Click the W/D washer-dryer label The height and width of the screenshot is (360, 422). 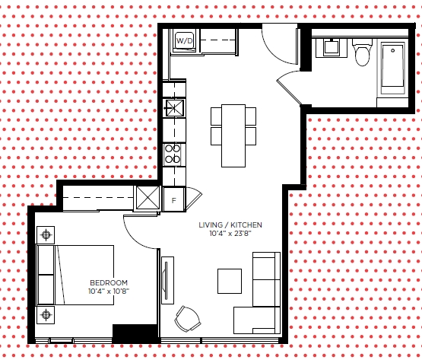[185, 41]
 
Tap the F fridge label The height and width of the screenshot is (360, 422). [174, 200]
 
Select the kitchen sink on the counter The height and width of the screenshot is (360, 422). [175, 108]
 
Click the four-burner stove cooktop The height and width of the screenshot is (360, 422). [173, 155]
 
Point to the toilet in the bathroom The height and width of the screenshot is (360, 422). [362, 53]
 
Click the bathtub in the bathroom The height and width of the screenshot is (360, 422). [392, 66]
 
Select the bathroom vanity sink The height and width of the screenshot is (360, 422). [332, 47]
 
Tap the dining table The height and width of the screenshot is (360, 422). [233, 135]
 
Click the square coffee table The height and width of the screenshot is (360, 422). [230, 281]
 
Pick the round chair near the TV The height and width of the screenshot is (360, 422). [188, 320]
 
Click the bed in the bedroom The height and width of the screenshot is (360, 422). [75, 275]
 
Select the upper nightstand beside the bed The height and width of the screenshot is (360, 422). [46, 235]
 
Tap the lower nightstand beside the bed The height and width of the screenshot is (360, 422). [46, 314]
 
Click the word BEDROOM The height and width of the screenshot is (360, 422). [109, 282]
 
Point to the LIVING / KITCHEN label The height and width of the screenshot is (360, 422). [230, 225]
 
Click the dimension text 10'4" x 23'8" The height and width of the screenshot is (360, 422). [230, 234]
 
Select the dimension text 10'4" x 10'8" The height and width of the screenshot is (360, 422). [109, 292]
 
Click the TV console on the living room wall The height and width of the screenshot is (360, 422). [167, 280]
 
